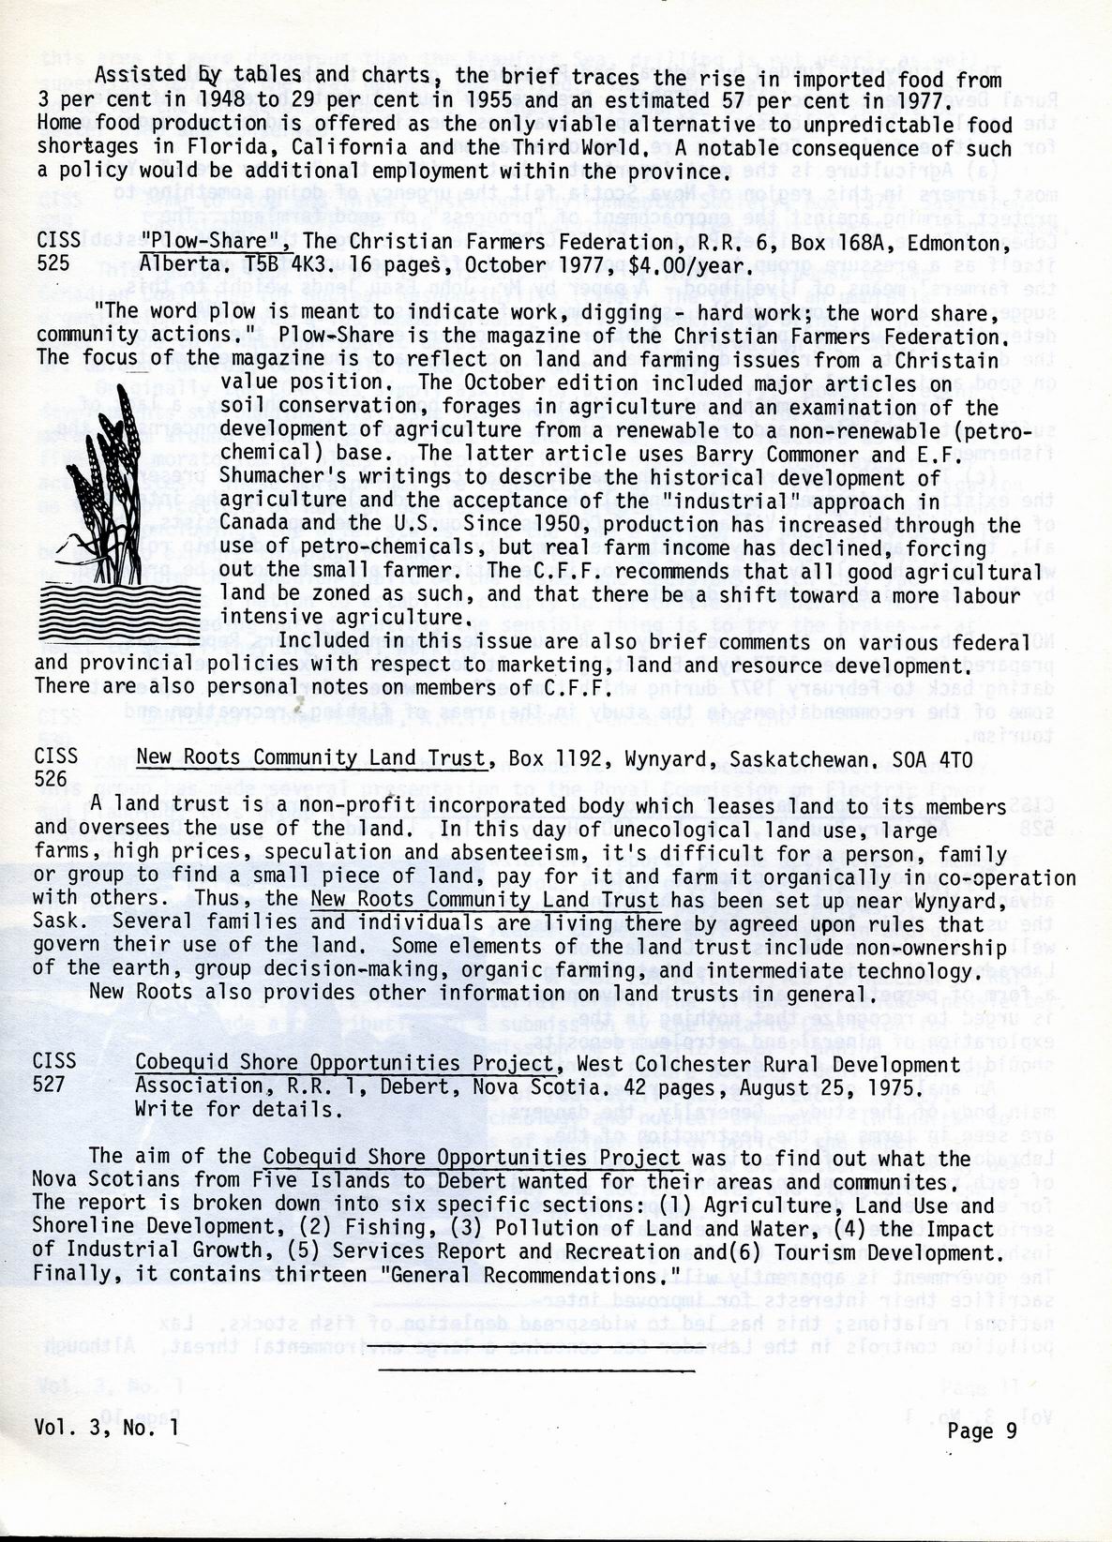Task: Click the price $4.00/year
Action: tap(714, 265)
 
